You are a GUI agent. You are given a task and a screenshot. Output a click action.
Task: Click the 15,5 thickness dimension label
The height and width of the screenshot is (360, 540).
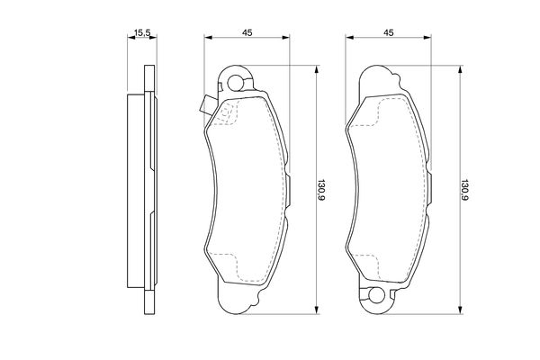click(x=140, y=33)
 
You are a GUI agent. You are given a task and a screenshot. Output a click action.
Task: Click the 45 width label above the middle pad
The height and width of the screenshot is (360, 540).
click(x=246, y=33)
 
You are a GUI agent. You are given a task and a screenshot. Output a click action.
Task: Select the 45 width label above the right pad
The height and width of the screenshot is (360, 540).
click(x=389, y=33)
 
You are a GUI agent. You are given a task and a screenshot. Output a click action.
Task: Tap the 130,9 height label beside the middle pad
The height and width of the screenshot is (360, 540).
click(x=320, y=189)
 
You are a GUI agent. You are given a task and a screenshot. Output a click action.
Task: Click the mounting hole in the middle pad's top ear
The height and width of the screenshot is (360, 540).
click(x=237, y=85)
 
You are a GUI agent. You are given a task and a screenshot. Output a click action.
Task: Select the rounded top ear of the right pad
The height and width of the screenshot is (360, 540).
click(x=380, y=79)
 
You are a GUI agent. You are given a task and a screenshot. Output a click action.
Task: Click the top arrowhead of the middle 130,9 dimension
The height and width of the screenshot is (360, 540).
click(x=315, y=69)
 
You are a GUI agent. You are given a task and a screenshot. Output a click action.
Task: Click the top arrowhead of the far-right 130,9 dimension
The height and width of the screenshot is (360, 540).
click(x=459, y=69)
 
